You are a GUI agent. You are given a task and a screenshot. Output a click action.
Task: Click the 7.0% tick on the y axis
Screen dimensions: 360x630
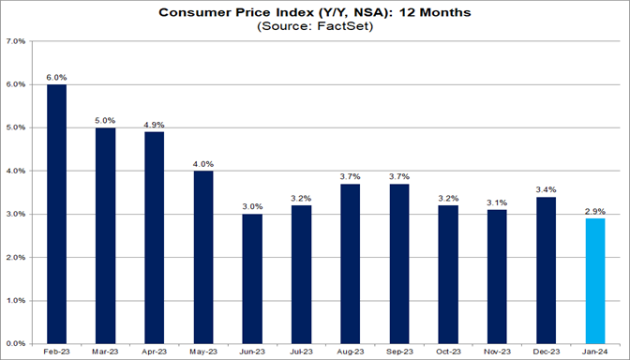tap(17, 42)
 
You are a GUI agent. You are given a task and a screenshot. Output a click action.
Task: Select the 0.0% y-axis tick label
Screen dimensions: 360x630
tap(17, 343)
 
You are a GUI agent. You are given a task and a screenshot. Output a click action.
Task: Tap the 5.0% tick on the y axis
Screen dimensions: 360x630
tap(17, 127)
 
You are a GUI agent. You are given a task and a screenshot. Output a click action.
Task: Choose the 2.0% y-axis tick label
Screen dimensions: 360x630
tap(17, 257)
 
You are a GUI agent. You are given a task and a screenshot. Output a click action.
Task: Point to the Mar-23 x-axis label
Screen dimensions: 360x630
tap(103, 352)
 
